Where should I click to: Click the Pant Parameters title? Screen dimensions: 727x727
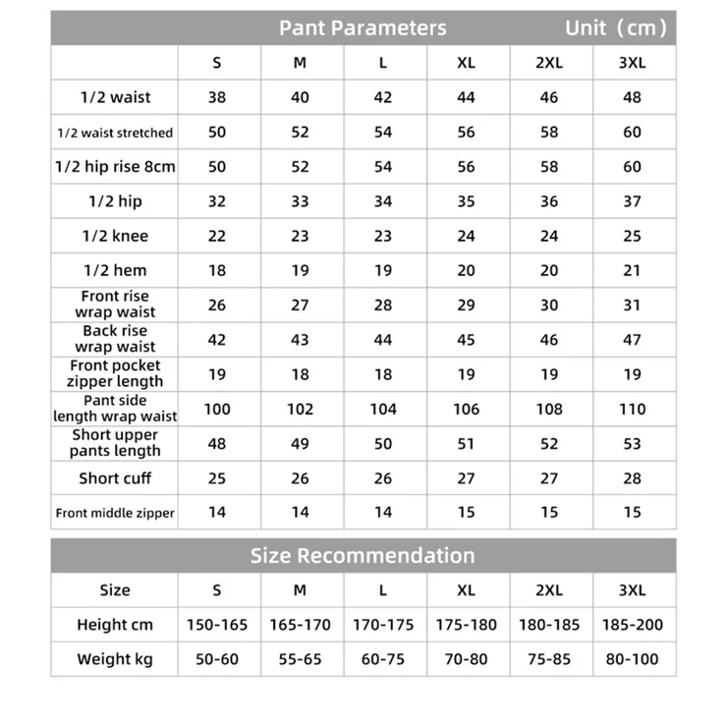[362, 28]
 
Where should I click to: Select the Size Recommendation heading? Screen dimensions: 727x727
[362, 556]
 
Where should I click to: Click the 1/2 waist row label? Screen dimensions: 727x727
[115, 97]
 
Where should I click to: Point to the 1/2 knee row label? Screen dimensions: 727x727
[115, 236]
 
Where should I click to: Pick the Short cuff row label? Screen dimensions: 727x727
[115, 478]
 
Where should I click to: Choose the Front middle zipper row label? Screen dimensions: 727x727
[115, 513]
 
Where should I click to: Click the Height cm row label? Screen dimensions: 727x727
[115, 625]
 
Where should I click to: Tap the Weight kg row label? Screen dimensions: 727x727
[115, 659]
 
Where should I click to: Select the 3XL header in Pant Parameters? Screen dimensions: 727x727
[632, 63]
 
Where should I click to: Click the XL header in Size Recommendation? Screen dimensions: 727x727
[466, 590]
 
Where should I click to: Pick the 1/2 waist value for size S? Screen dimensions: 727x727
[217, 97]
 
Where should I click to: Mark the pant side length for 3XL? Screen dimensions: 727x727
[632, 409]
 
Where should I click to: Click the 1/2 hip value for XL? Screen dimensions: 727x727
[466, 201]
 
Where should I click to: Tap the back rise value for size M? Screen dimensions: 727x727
[300, 340]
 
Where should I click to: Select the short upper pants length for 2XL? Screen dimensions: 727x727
[549, 444]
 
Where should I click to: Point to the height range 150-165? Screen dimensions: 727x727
[217, 625]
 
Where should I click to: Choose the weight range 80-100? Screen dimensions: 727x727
[632, 659]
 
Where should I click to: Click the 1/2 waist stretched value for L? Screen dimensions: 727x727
[383, 133]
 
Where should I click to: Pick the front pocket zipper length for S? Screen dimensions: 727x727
[217, 374]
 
